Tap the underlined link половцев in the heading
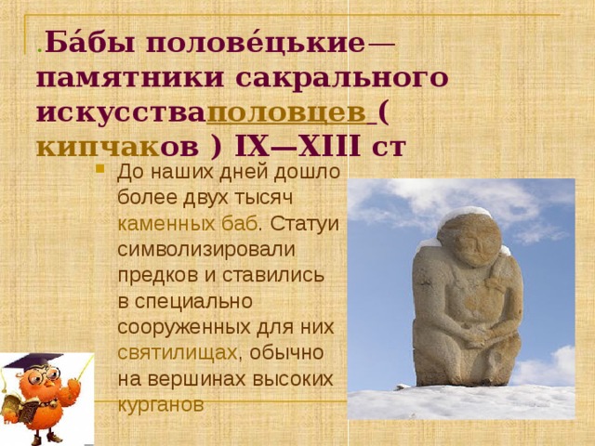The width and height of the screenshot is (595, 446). tap(290, 112)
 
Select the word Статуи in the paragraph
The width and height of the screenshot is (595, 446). tap(307, 223)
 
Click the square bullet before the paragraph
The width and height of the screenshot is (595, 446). tap(99, 170)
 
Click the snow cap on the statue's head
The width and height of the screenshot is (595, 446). tap(464, 216)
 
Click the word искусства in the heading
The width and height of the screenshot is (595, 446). tap(121, 112)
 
